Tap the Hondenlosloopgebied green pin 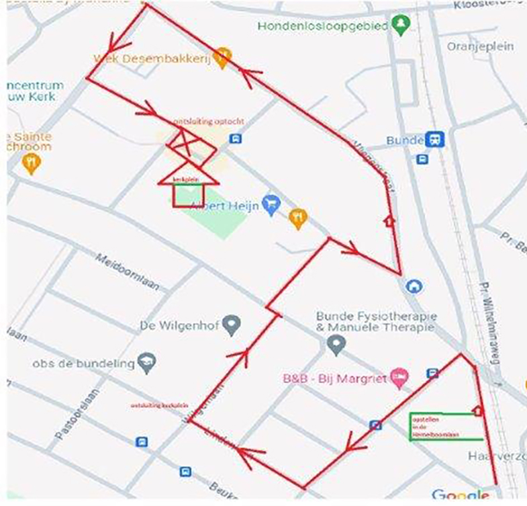point(401,25)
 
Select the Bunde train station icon point(434,140)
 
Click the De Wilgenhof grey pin point(232,325)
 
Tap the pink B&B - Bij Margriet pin point(399,377)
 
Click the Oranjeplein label point(480,46)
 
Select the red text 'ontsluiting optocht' point(208,122)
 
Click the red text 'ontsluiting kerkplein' point(158,406)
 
